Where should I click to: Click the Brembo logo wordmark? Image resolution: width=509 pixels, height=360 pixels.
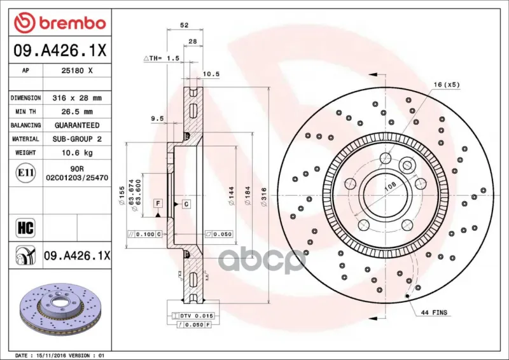click(73, 24)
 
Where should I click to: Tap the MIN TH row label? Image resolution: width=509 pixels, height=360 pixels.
click(25, 112)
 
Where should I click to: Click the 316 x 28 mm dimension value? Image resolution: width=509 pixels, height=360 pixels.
click(77, 98)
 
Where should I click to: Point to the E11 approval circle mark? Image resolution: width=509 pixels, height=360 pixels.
click(25, 173)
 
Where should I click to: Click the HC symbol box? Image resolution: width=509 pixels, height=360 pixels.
click(25, 228)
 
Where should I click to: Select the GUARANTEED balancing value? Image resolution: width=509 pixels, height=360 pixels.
click(77, 125)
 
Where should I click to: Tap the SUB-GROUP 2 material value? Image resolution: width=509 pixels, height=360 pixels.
click(77, 139)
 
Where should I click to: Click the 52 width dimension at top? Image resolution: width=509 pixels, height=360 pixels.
click(184, 25)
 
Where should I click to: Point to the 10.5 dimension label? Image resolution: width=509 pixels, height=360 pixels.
click(211, 74)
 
